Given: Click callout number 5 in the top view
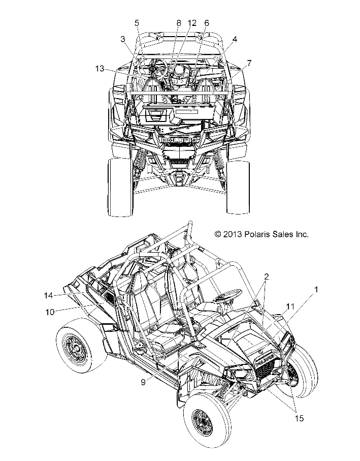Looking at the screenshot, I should [137, 23].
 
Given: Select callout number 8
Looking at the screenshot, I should [178, 23].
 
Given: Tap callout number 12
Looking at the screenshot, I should [191, 23].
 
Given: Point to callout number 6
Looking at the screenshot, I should [207, 23].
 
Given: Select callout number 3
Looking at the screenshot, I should [123, 39].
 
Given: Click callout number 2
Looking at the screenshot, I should [266, 277].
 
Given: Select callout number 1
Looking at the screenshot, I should [316, 290].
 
